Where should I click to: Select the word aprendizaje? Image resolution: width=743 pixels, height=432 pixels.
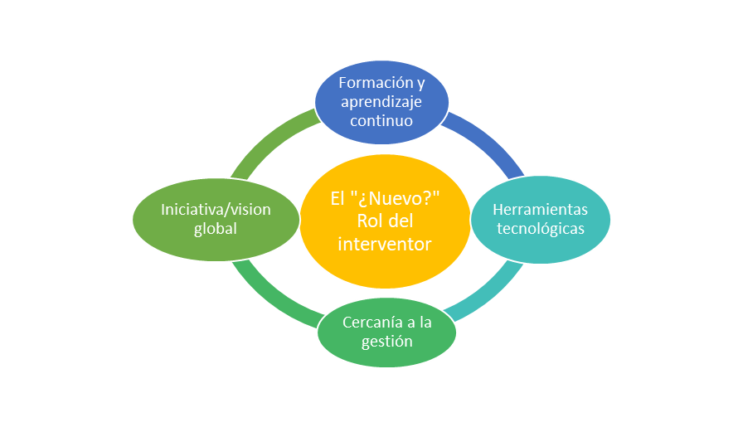[381, 101]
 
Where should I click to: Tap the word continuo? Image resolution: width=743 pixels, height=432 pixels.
[381, 120]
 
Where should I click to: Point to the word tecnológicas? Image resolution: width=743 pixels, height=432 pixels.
[541, 228]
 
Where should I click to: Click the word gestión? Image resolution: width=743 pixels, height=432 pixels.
[386, 341]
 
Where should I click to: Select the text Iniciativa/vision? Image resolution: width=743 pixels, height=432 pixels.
[216, 209]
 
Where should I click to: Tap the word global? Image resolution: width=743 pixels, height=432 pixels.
[216, 228]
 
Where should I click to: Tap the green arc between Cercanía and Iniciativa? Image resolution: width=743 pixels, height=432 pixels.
[274, 294]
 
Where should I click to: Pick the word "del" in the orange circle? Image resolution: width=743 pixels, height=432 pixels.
[401, 222]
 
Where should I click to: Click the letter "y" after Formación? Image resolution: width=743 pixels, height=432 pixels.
[420, 85]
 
